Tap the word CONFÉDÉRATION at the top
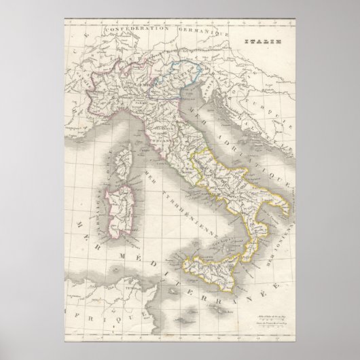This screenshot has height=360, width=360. [x=129, y=30]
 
